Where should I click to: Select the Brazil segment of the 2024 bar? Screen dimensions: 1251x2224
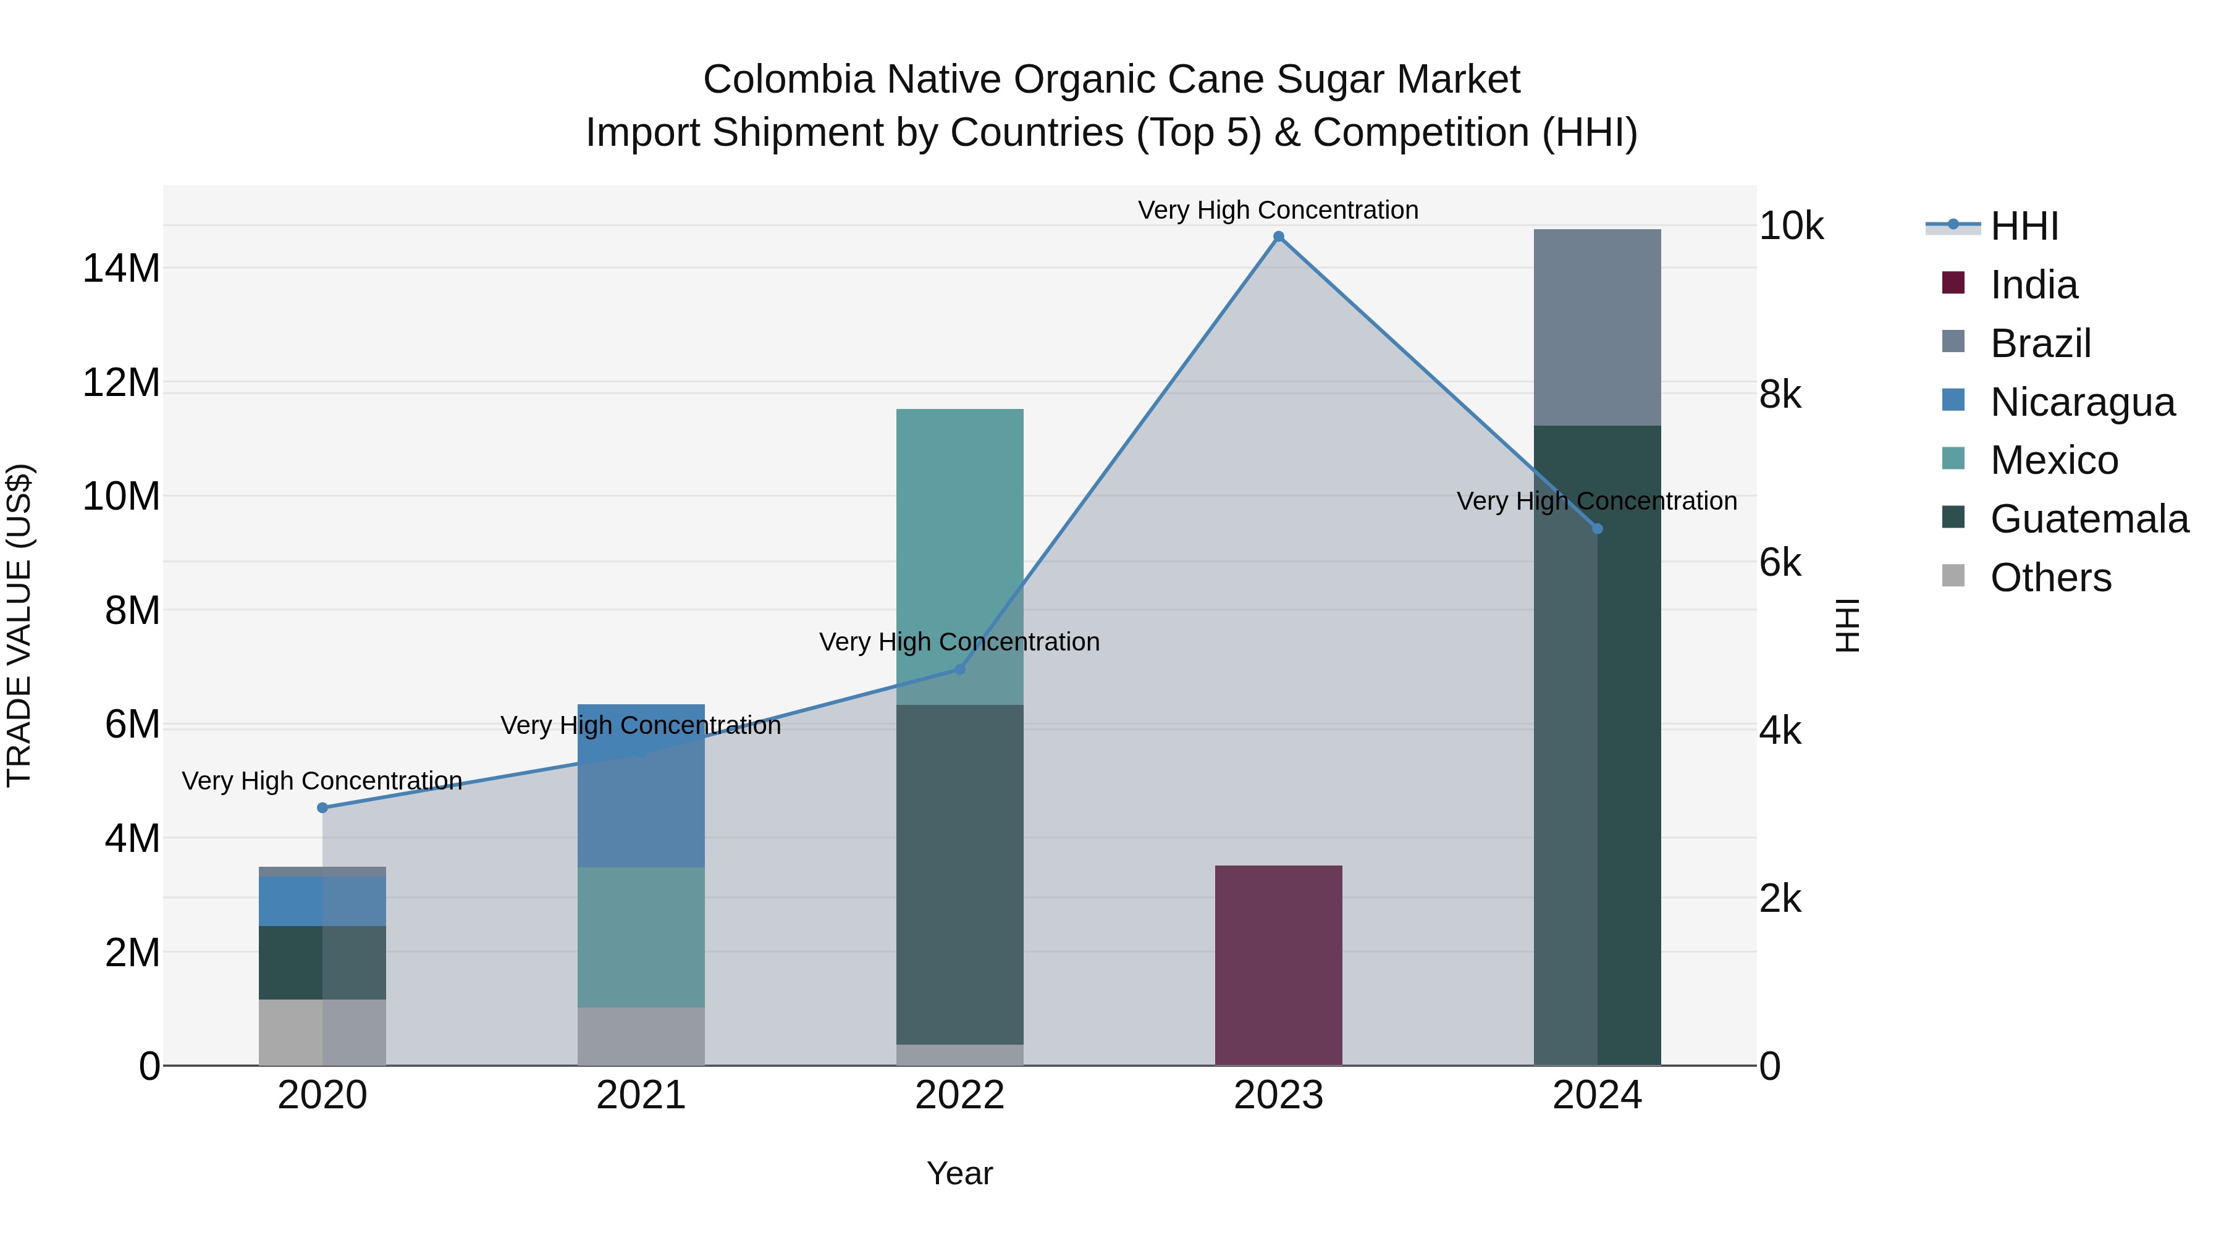[1596, 327]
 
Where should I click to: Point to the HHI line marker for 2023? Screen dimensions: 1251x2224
[1279, 237]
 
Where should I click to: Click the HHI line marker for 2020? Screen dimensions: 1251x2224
[322, 808]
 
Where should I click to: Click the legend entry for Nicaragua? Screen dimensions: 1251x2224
[2081, 402]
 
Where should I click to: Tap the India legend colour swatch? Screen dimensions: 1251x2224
[1953, 283]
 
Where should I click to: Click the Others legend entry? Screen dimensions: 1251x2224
[2050, 578]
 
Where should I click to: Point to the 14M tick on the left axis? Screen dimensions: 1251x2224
[121, 269]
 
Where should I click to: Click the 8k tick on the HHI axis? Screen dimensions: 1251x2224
[1780, 395]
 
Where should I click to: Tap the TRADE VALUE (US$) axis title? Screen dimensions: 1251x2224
[19, 625]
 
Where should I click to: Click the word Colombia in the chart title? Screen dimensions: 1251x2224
[789, 80]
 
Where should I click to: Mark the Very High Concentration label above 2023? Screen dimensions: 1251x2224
[1278, 211]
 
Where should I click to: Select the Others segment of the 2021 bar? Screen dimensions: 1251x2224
[641, 1036]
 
